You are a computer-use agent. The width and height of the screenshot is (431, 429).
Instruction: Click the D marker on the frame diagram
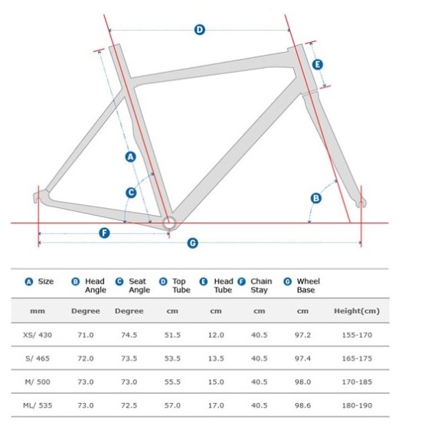[200, 30]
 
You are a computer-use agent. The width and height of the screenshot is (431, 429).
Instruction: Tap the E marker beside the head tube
[318, 65]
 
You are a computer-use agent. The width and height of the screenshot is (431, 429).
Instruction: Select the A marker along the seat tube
[131, 157]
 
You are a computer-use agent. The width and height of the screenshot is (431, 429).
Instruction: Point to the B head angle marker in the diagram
[316, 198]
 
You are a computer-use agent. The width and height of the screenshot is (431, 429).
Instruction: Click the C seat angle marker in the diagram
[131, 193]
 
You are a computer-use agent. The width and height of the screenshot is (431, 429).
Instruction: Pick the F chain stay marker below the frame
[104, 233]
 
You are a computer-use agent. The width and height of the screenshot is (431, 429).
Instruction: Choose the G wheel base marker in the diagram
[193, 243]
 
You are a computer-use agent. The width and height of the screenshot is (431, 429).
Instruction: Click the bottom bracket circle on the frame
[168, 223]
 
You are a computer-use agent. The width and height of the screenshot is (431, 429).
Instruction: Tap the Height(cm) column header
[357, 311]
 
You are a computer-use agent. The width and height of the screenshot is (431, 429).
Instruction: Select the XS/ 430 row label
[38, 335]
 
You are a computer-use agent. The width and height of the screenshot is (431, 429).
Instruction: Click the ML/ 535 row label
[38, 405]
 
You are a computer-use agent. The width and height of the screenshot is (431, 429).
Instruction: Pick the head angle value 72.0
[86, 359]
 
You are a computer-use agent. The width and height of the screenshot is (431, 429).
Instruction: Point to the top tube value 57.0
[172, 405]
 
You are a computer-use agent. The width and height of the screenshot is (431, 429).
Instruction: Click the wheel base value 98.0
[302, 382]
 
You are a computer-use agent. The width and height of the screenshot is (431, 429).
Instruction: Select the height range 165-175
[357, 359]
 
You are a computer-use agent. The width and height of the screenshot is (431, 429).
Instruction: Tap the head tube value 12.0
[216, 335]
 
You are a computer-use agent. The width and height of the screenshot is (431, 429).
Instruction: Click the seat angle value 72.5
[129, 405]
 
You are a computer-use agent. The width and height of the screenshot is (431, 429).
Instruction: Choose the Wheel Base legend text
[309, 285]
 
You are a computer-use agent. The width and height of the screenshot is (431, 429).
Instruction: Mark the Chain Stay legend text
[261, 285]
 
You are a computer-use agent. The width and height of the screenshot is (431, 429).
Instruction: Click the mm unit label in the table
[38, 311]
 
